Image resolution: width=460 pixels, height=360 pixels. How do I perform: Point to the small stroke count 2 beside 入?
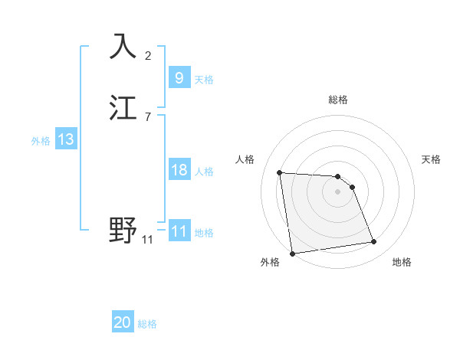[x=148, y=55]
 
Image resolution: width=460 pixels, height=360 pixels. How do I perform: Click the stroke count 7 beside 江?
[x=148, y=116]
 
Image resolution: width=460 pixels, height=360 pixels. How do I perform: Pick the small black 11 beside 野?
[x=148, y=239]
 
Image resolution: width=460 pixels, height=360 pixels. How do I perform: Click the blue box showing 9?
[x=179, y=77]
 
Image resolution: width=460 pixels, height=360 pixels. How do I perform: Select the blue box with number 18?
[x=179, y=170]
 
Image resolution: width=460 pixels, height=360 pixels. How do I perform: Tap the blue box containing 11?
[x=179, y=231]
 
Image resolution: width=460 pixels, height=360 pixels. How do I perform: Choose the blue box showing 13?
[x=65, y=139]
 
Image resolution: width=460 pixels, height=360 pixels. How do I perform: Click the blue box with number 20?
[x=123, y=322]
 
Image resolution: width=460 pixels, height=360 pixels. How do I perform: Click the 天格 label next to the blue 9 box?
[x=204, y=80]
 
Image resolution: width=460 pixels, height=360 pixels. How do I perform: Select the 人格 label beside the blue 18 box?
[x=204, y=172]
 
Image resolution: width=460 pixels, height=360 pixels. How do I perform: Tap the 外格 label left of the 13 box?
[x=41, y=141]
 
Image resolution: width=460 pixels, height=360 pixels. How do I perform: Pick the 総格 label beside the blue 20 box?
[x=147, y=325]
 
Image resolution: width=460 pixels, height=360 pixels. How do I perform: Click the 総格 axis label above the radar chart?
[x=338, y=100]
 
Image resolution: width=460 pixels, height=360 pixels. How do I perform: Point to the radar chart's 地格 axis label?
[x=402, y=262]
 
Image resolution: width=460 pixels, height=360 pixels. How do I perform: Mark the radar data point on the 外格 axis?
[x=292, y=253]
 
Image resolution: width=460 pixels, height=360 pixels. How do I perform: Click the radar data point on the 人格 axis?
[x=280, y=172]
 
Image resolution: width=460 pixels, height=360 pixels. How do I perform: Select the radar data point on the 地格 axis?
[x=374, y=242]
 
